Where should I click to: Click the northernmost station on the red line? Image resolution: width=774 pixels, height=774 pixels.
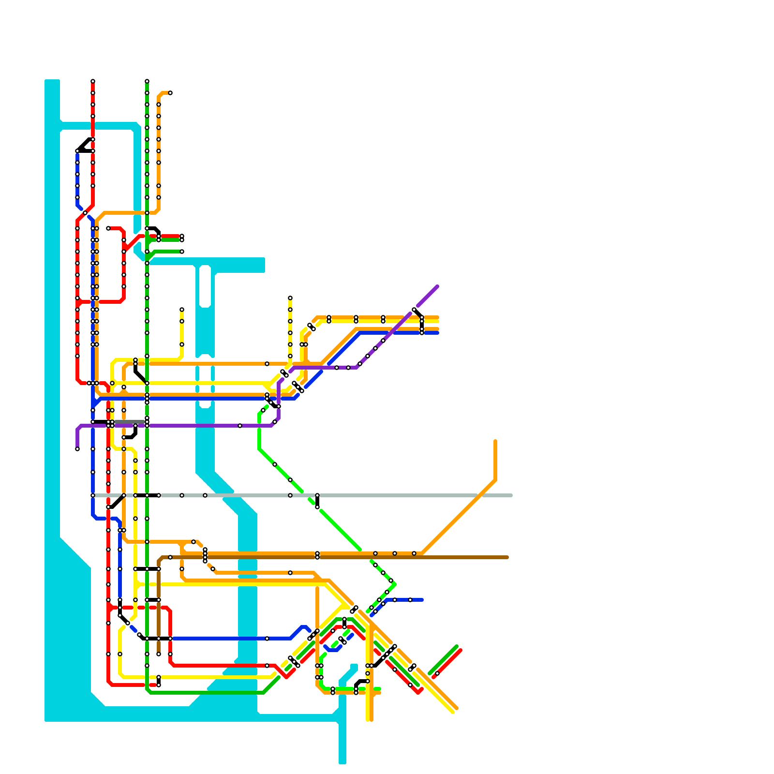pyautogui.click(x=93, y=81)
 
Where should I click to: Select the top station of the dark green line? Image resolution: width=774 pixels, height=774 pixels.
pyautogui.click(x=147, y=81)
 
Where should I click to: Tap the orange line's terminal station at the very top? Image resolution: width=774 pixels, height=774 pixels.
pyautogui.click(x=170, y=93)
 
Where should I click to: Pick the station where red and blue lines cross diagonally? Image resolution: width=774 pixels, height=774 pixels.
pyautogui.click(x=85, y=213)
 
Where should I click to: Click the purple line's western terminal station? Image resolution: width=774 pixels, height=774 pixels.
pyautogui.click(x=77, y=449)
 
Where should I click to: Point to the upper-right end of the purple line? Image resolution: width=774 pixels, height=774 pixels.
pyautogui.click(x=437, y=286)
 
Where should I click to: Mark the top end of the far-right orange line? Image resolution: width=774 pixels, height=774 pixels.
pyautogui.click(x=495, y=441)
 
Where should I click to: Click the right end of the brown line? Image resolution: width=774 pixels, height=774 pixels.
pyautogui.click(x=507, y=557)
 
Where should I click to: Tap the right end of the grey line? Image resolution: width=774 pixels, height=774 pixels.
pyautogui.click(x=511, y=495)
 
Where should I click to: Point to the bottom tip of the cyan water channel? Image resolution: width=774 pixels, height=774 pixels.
pyautogui.click(x=342, y=762)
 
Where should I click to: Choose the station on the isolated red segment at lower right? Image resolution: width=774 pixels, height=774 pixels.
pyautogui.click(x=437, y=673)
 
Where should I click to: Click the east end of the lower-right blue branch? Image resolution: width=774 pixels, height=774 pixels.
pyautogui.click(x=422, y=600)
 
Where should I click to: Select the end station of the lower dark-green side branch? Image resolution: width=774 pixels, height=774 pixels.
pyautogui.click(x=182, y=252)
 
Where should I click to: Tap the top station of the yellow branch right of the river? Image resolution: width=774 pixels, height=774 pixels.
pyautogui.click(x=290, y=298)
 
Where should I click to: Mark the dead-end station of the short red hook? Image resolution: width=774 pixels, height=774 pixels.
pyautogui.click(x=108, y=228)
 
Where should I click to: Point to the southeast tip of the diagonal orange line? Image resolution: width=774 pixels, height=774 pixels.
pyautogui.click(x=456, y=708)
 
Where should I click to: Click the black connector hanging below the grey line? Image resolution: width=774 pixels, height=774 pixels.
pyautogui.click(x=317, y=502)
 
